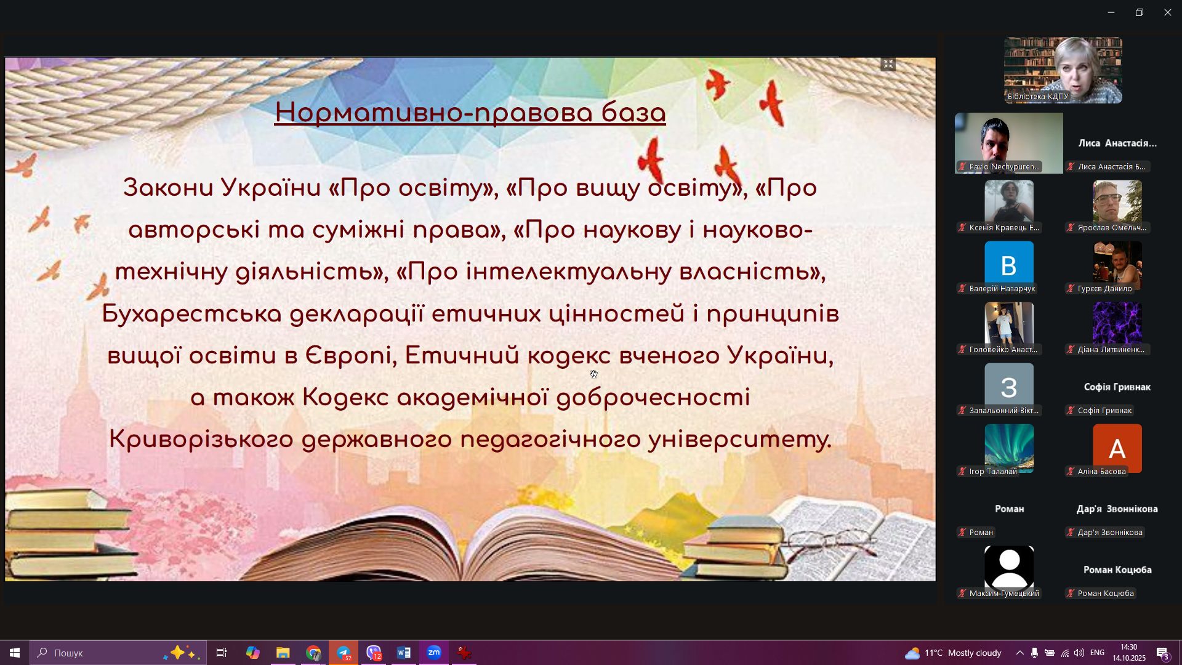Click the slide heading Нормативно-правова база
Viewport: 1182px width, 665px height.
(x=470, y=113)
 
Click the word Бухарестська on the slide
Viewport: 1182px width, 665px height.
(x=191, y=314)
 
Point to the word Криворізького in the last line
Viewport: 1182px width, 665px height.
(x=201, y=440)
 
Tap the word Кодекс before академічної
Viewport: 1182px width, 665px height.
(x=345, y=398)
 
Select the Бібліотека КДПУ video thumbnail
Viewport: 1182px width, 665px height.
(x=1063, y=70)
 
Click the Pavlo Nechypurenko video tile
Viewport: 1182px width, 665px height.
(x=1008, y=143)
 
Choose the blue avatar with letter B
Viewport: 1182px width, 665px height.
(x=1008, y=265)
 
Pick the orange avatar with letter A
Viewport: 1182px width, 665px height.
(x=1117, y=448)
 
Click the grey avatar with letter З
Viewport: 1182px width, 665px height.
(x=1008, y=387)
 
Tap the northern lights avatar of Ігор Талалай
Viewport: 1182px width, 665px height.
(x=1008, y=448)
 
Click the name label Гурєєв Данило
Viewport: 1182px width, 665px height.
(x=1104, y=289)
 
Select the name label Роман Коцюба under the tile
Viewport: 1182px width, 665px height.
(x=1106, y=594)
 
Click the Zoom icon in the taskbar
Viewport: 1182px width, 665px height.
(x=434, y=653)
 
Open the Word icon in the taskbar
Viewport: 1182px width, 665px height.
(x=404, y=653)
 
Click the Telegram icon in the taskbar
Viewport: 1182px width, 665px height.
(x=344, y=653)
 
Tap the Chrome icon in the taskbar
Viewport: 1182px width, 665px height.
(x=313, y=653)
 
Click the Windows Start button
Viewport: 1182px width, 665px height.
(x=15, y=653)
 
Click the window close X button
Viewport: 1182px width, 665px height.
(x=1167, y=12)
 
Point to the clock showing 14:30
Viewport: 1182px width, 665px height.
(x=1128, y=647)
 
